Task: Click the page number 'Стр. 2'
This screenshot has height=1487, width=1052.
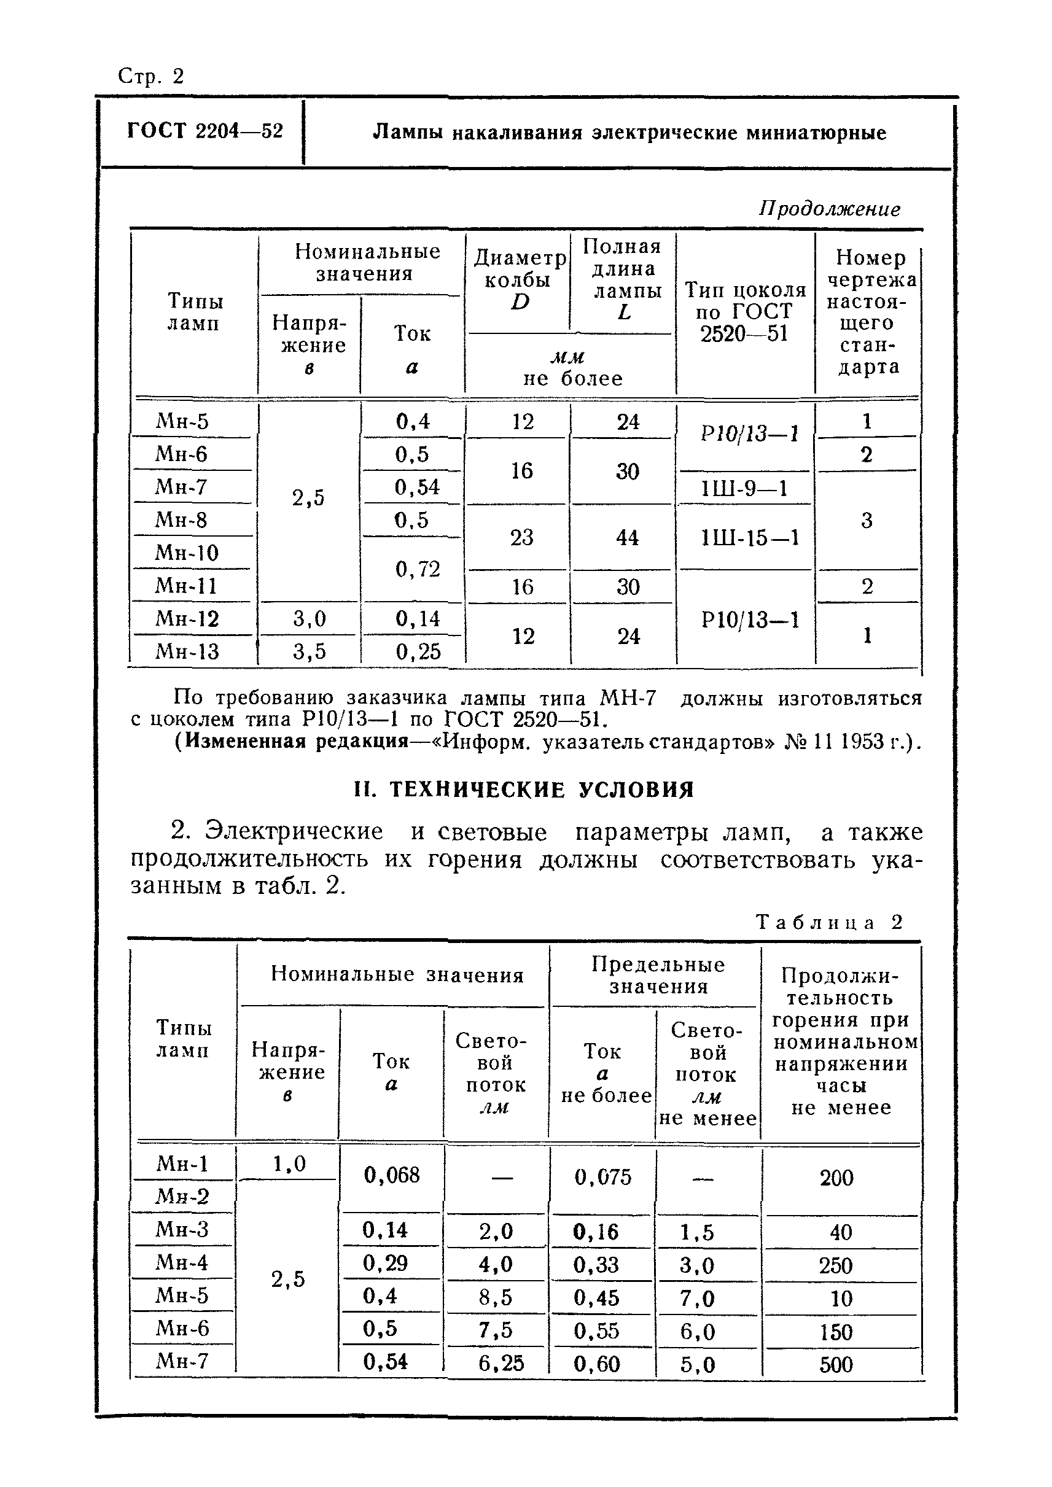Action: point(151,76)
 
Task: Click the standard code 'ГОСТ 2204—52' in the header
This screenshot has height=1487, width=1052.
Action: point(205,131)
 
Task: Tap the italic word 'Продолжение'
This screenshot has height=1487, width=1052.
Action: point(828,209)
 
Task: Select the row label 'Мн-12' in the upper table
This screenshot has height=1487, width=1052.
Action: point(187,618)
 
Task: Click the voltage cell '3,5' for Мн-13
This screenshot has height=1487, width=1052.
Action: point(309,651)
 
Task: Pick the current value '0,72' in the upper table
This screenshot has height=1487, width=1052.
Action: point(417,569)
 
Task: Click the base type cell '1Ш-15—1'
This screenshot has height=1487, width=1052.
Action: point(749,538)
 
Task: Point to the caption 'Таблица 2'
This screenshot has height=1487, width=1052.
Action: point(828,922)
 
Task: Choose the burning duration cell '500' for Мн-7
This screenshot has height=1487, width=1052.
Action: point(836,1365)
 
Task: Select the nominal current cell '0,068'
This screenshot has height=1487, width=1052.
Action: point(391,1176)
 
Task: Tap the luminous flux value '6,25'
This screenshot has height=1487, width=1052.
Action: point(501,1364)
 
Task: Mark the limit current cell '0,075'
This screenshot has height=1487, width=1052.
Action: point(602,1177)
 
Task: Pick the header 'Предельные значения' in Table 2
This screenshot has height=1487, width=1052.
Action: point(657,976)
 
